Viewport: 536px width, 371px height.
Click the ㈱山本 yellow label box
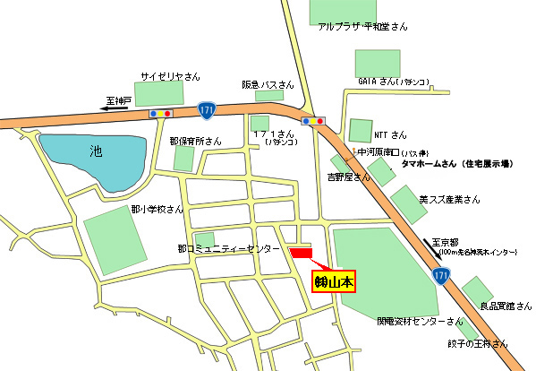pyautogui.click(x=333, y=281)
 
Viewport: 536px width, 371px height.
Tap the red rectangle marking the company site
pyautogui.click(x=302, y=254)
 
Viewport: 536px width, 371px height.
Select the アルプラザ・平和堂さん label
pyautogui.click(x=362, y=28)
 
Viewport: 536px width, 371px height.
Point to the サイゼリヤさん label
pyautogui.click(x=170, y=76)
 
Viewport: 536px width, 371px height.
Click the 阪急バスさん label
pyautogui.click(x=268, y=84)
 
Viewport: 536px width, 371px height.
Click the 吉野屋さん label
pyautogui.click(x=349, y=177)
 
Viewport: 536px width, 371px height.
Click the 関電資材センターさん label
pyautogui.click(x=419, y=320)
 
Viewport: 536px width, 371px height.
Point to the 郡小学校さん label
pyautogui.click(x=157, y=209)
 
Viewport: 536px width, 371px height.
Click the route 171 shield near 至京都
pyautogui.click(x=442, y=276)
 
